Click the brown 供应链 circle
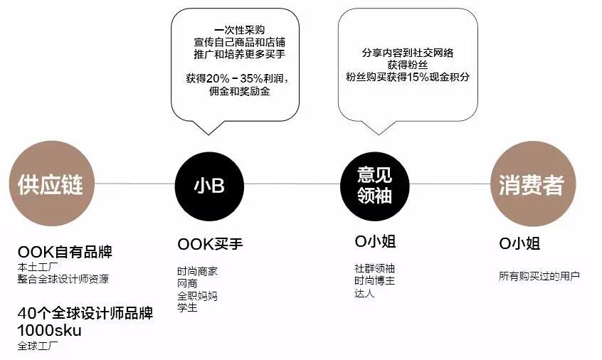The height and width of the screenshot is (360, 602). pos(51,184)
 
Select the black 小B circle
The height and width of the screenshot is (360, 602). pos(209,186)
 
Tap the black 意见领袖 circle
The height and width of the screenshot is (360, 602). pos(375,186)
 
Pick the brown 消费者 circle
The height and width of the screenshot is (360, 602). pos(533,184)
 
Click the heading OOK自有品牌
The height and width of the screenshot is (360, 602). pos(65,252)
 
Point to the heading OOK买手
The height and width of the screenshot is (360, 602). pos(210,244)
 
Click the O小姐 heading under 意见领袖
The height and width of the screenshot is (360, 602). pos(375,242)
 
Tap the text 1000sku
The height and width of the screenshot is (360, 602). pos(50,330)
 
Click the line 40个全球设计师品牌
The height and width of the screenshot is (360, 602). pos(85,313)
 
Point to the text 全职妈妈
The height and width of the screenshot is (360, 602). pos(197,296)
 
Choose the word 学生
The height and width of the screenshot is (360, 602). pos(187,307)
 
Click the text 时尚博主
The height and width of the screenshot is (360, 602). pos(375,281)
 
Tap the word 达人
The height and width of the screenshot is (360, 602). pos(364,294)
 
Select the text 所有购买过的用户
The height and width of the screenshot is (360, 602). pos(539,276)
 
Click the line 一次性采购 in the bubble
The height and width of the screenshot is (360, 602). pos(240,30)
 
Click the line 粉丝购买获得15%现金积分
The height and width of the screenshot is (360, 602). pos(408,77)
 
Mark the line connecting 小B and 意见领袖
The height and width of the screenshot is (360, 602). pos(292,184)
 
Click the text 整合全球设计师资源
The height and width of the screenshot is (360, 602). pos(63,279)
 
